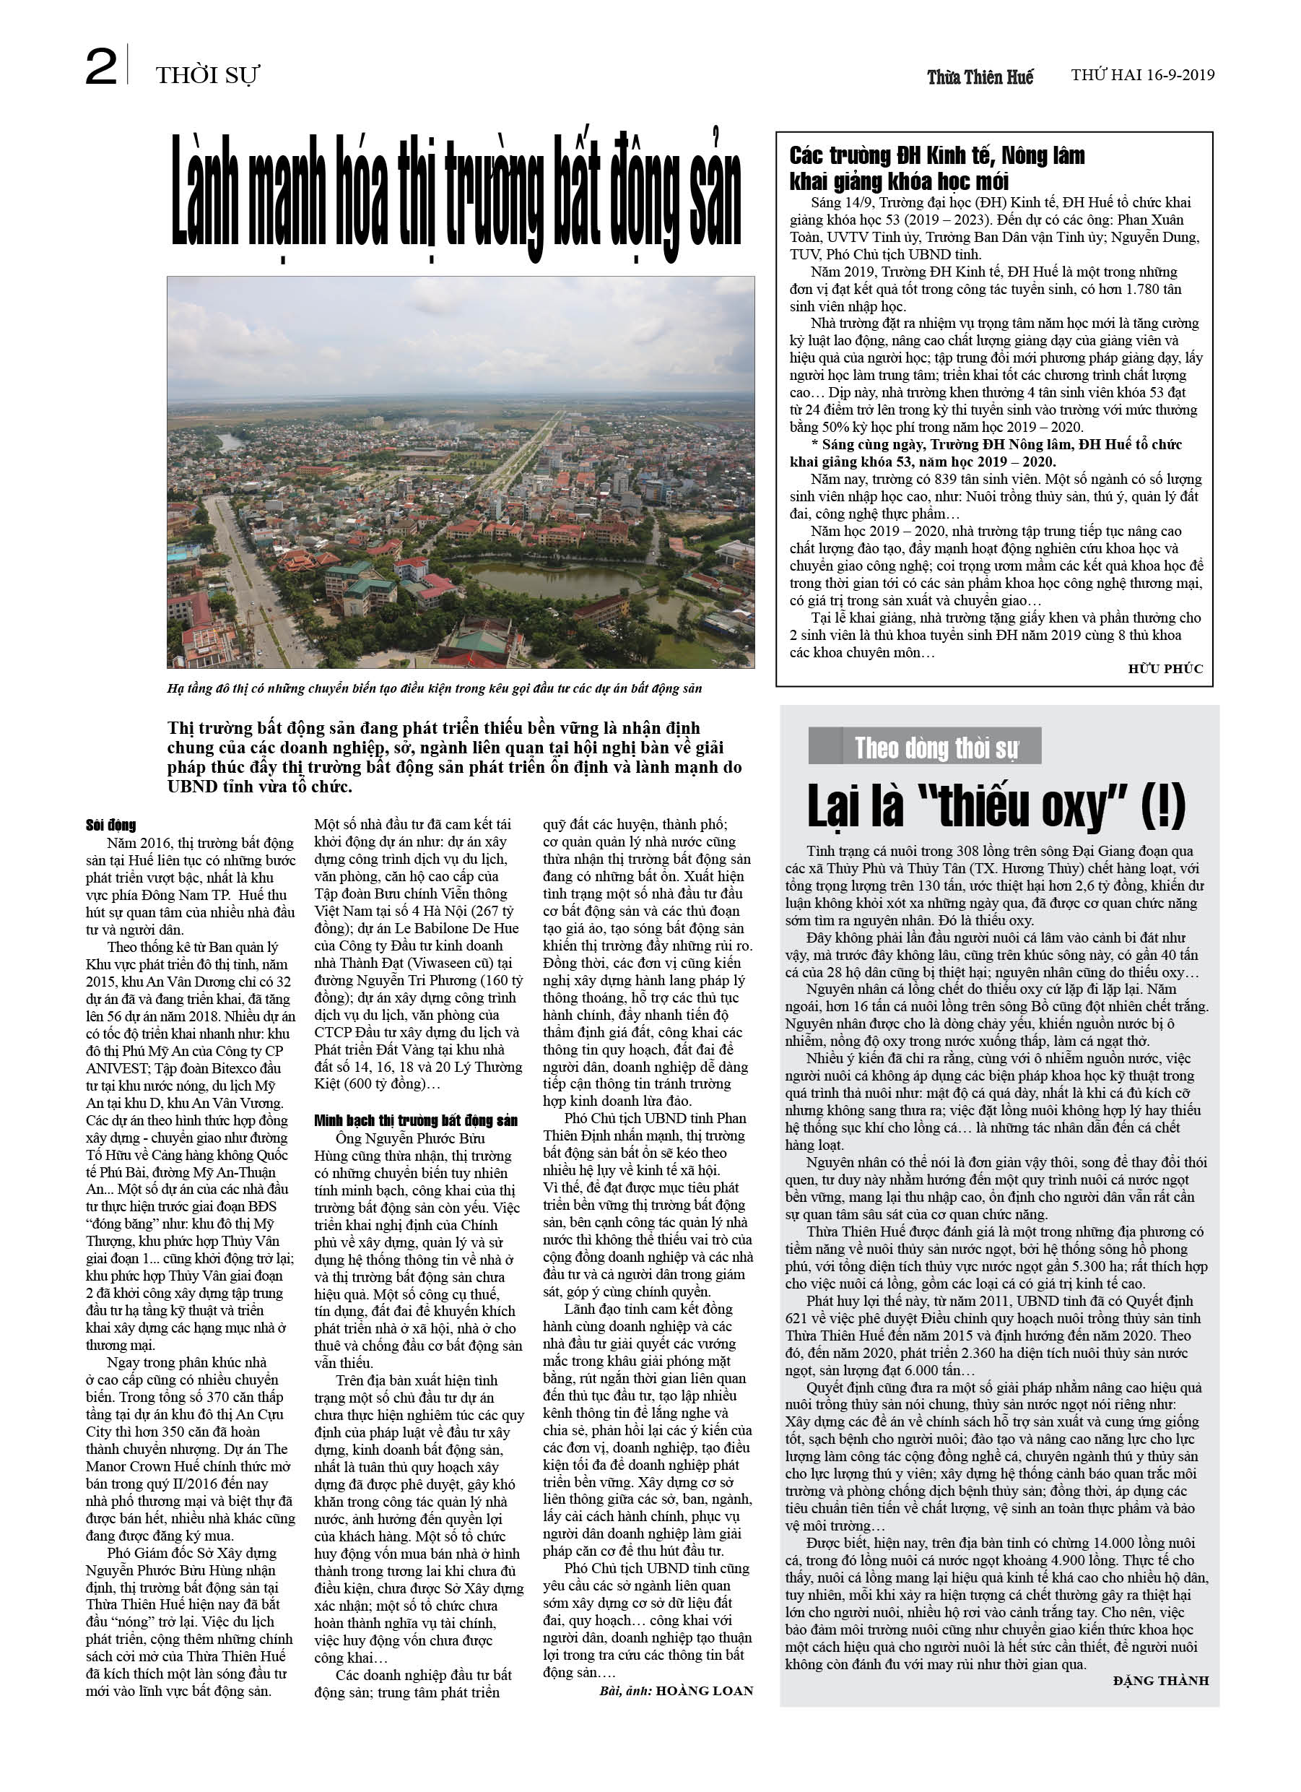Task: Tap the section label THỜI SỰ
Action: pyautogui.click(x=207, y=76)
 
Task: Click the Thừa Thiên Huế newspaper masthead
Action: pyautogui.click(x=980, y=77)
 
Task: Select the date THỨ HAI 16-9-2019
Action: pyautogui.click(x=1142, y=75)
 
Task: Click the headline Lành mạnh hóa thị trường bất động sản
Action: pyautogui.click(x=456, y=193)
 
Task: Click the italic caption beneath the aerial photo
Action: pyautogui.click(x=435, y=688)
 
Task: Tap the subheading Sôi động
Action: pyautogui.click(x=110, y=826)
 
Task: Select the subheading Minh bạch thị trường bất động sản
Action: pyautogui.click(x=416, y=1120)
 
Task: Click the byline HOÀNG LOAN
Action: pyautogui.click(x=704, y=1691)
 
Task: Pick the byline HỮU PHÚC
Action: pyautogui.click(x=1165, y=668)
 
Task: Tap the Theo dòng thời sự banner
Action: pyautogui.click(x=925, y=747)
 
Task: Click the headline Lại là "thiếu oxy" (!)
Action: pyautogui.click(x=996, y=807)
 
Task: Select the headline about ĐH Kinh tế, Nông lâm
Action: pyautogui.click(x=937, y=168)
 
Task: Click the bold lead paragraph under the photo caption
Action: pyautogui.click(x=454, y=757)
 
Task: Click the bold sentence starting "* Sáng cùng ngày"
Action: pyautogui.click(x=985, y=453)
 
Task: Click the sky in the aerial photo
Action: pyautogui.click(x=460, y=332)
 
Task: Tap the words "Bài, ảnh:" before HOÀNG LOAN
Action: pyautogui.click(x=626, y=1691)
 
